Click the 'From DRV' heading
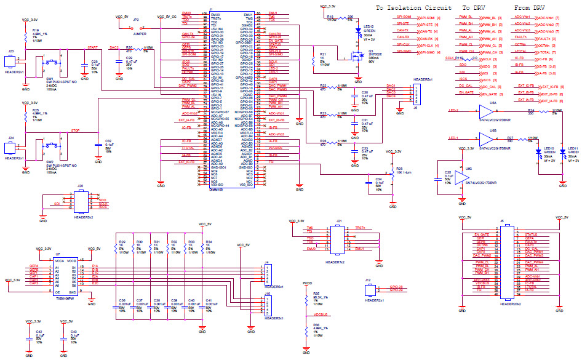(x=529, y=8)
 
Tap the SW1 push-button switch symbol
(x=52, y=63)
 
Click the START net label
(x=92, y=47)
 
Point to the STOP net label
(x=76, y=130)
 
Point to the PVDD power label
(x=308, y=284)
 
